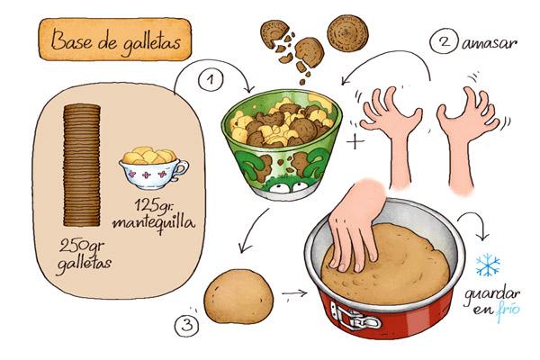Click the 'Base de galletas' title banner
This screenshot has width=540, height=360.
(115, 40)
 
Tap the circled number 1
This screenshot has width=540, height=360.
(211, 80)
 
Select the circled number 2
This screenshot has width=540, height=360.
(445, 41)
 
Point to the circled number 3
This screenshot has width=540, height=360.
(187, 325)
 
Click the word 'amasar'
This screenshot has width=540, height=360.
(490, 44)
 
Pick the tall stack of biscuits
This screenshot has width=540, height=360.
(82, 166)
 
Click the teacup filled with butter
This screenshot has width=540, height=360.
(153, 168)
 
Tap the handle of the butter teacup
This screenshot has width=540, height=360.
(181, 170)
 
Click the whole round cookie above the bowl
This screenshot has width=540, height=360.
(347, 33)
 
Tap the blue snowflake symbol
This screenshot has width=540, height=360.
(488, 265)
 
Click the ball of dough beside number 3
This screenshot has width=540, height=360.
(238, 297)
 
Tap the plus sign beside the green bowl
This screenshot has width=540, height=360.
(355, 141)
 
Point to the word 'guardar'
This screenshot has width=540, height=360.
(491, 294)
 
